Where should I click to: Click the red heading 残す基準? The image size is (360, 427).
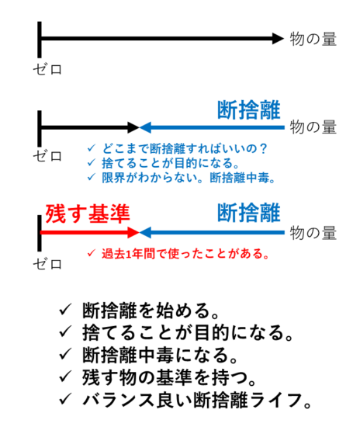click(x=88, y=213)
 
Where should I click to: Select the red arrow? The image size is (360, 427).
click(x=89, y=233)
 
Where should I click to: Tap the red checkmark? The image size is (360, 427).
click(x=91, y=253)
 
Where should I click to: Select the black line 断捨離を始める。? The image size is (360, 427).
click(x=151, y=311)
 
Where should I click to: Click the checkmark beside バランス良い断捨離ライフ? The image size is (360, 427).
click(x=65, y=399)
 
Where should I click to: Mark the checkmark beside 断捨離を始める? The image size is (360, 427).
click(x=65, y=310)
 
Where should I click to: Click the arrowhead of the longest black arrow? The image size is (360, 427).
click(x=278, y=38)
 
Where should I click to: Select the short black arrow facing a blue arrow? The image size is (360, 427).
click(x=89, y=127)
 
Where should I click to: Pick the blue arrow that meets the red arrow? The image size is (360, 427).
click(x=212, y=233)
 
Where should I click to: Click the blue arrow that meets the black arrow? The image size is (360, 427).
click(x=212, y=127)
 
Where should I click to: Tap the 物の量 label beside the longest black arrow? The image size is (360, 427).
click(x=313, y=39)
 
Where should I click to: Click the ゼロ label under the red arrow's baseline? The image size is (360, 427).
click(x=47, y=264)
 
